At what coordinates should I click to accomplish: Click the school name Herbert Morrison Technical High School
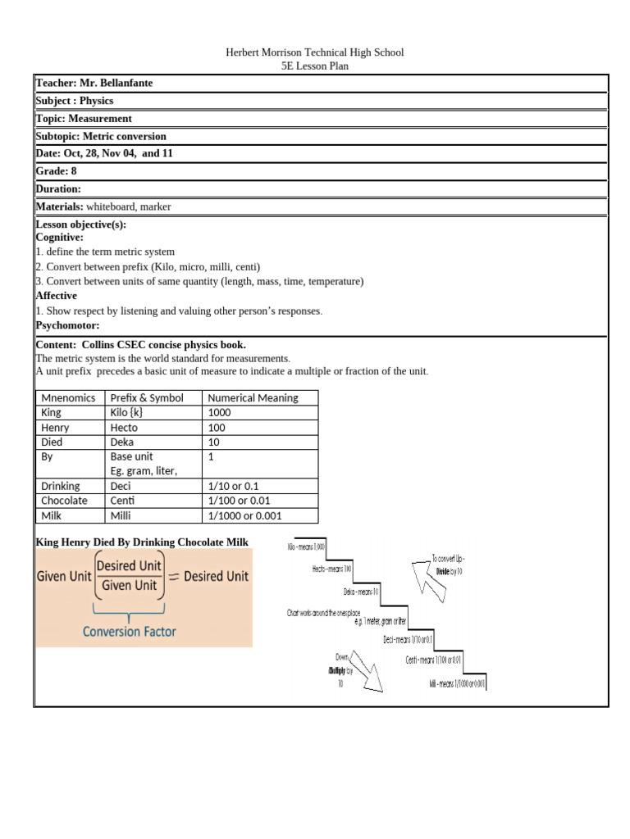click(x=315, y=52)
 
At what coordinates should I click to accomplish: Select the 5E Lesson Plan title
click(x=315, y=66)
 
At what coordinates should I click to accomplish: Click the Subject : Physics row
click(x=75, y=101)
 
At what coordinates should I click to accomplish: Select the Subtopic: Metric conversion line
click(x=101, y=136)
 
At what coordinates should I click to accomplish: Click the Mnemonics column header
click(x=68, y=398)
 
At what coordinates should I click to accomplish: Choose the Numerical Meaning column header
click(x=253, y=398)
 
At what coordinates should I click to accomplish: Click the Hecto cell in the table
click(x=124, y=428)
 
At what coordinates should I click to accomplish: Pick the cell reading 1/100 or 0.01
click(x=245, y=501)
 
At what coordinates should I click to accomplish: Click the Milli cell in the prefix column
click(x=121, y=515)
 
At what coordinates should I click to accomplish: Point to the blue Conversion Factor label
click(x=130, y=632)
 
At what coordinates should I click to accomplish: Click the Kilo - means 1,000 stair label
click(x=306, y=546)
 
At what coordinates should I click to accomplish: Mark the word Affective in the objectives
click(x=57, y=296)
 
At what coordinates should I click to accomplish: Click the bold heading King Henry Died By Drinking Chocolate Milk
click(x=142, y=542)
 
